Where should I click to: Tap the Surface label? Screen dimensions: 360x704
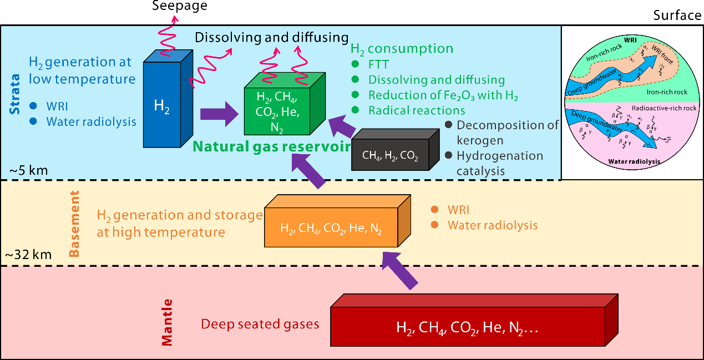point(677,15)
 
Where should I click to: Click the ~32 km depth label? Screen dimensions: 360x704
point(28,255)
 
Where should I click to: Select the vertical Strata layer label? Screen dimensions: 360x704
point(16,93)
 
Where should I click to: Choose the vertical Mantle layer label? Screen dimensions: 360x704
point(168,322)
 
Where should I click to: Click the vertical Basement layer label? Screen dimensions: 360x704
point(74,224)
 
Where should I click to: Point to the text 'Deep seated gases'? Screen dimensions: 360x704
point(260,324)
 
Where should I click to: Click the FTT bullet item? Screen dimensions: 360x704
point(379,64)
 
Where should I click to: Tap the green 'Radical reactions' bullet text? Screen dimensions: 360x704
point(417,110)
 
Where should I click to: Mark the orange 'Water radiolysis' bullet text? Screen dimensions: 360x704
point(493,225)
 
